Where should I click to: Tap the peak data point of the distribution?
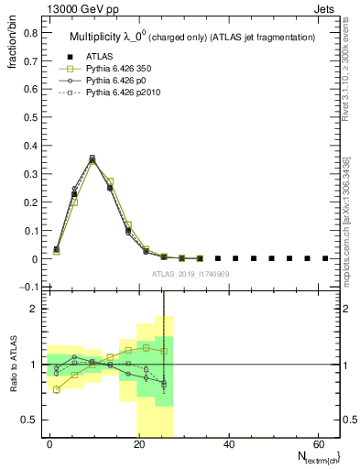(x=92, y=159)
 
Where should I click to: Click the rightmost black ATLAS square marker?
(x=325, y=258)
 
